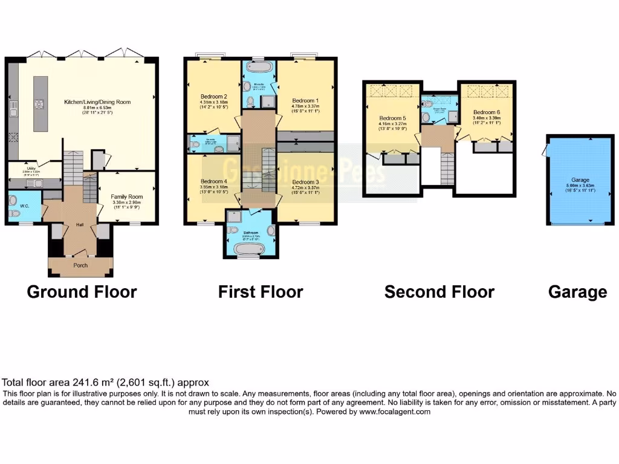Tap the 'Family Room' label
(x=126, y=196)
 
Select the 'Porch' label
(x=80, y=265)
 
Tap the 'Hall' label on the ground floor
(x=79, y=225)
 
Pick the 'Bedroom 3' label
(x=305, y=181)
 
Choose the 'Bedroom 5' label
(x=393, y=118)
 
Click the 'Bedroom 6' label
(x=487, y=112)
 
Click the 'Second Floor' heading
(x=439, y=292)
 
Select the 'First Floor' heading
(x=261, y=292)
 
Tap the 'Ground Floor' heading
(x=82, y=292)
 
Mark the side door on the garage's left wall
(x=547, y=147)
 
